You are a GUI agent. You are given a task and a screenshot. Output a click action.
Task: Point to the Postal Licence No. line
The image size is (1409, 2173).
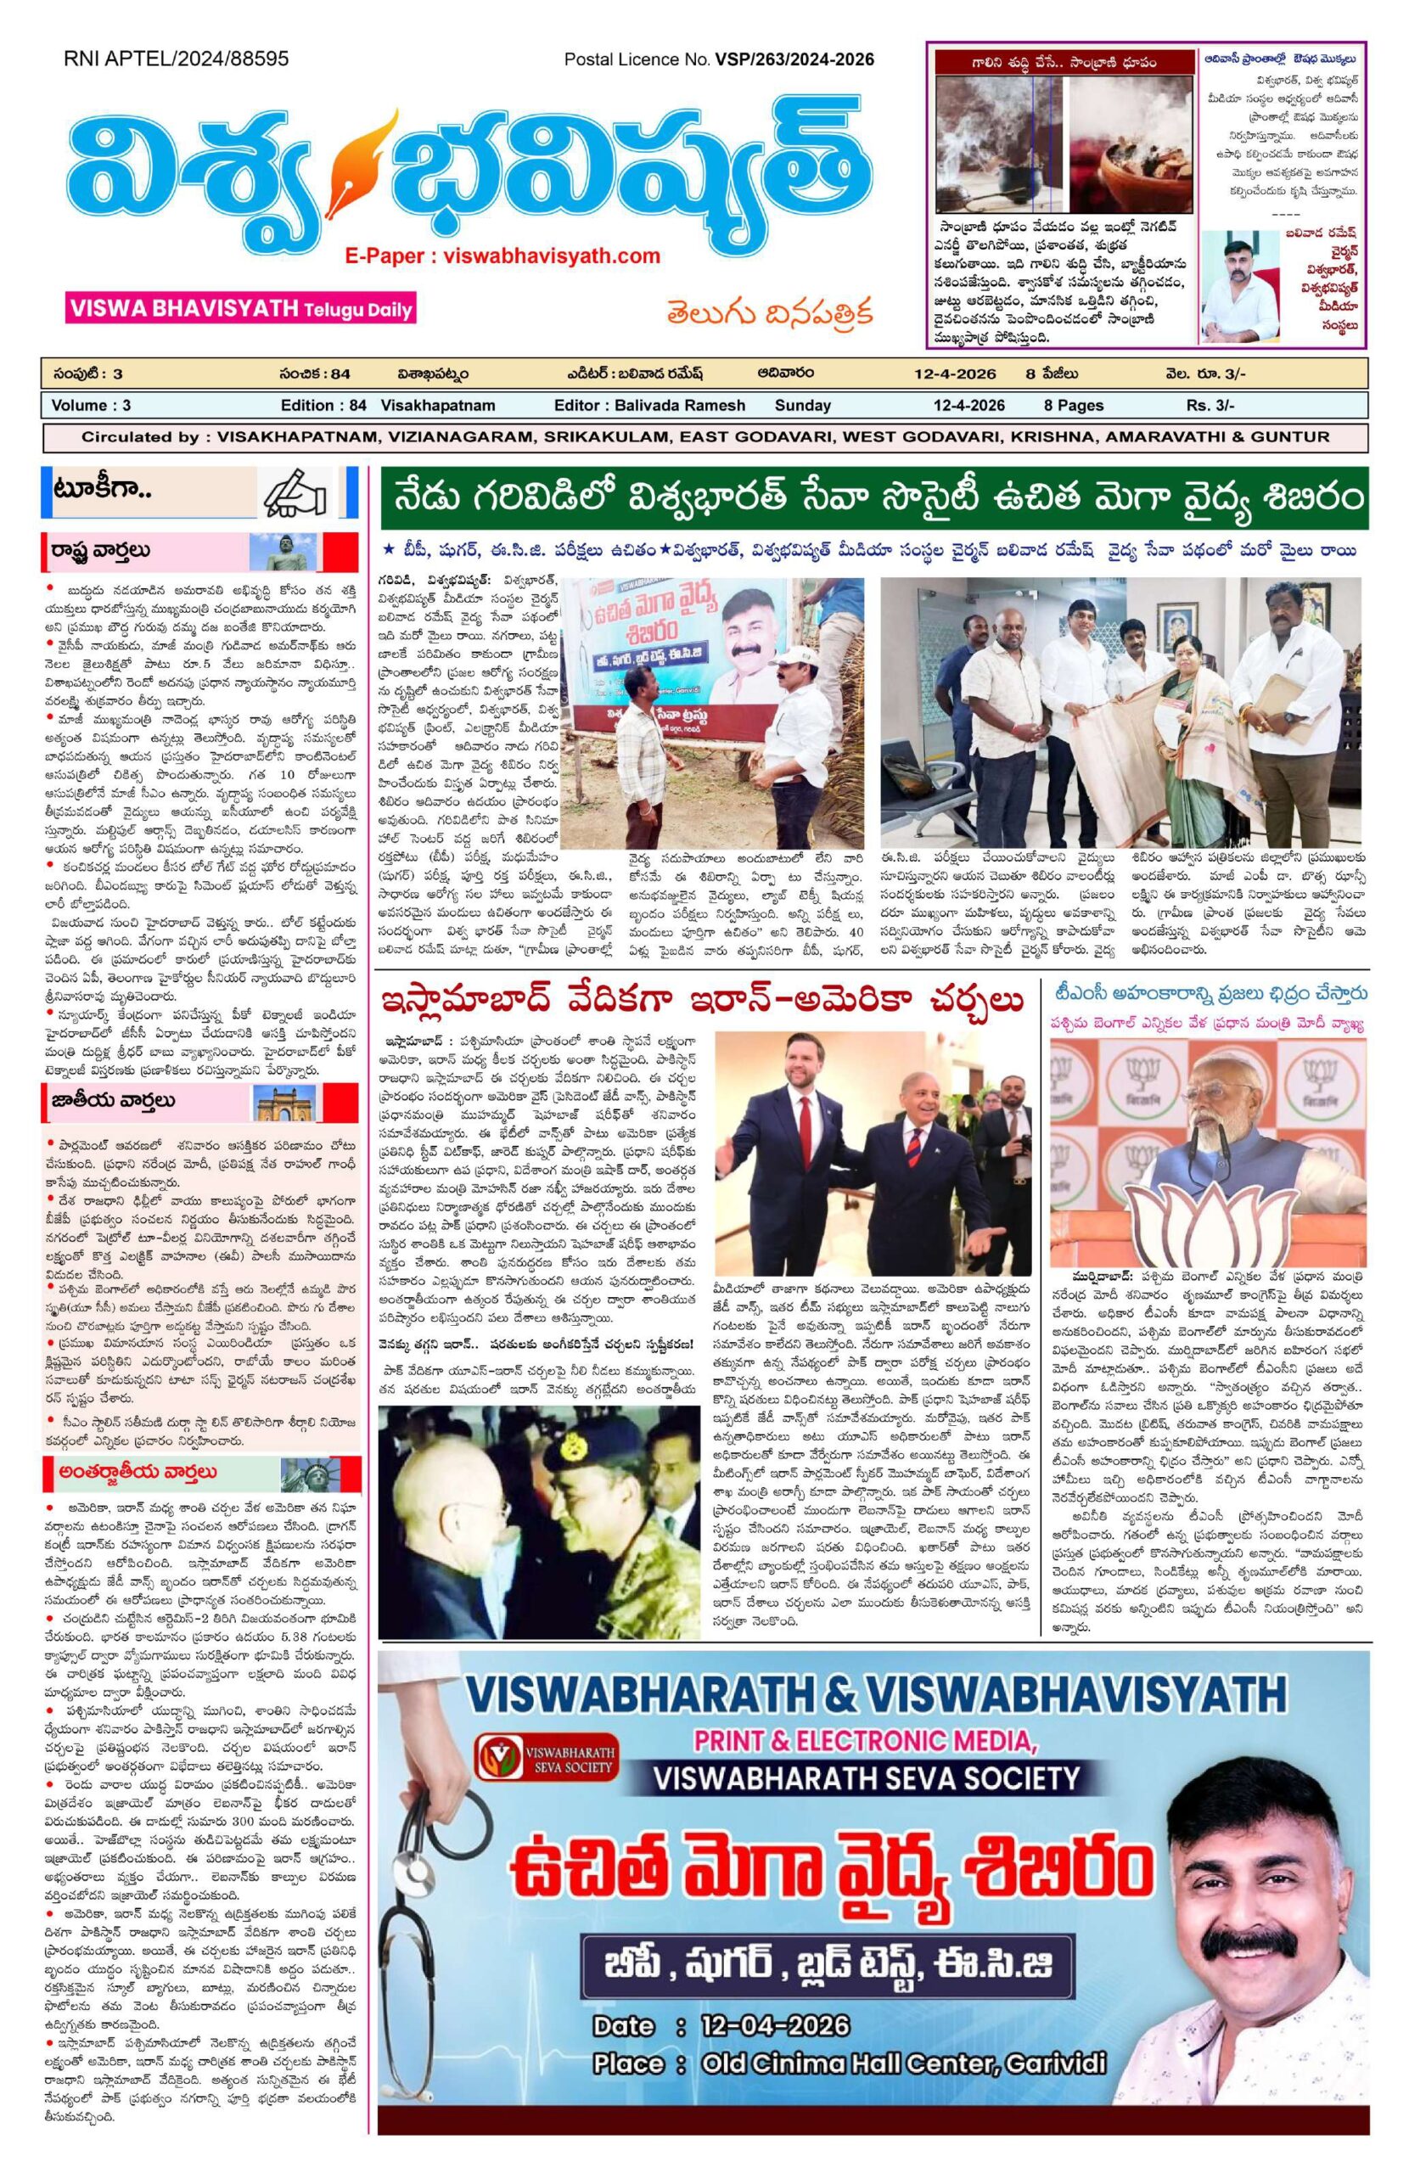coord(719,60)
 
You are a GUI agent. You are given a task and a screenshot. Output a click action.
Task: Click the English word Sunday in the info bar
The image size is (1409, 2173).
coord(803,406)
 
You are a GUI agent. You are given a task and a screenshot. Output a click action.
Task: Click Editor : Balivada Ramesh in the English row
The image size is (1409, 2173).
coord(649,406)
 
